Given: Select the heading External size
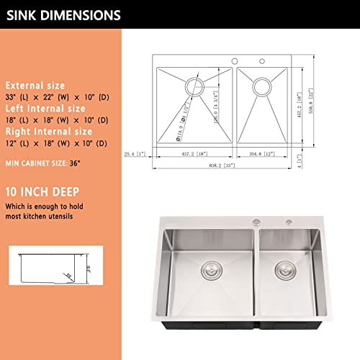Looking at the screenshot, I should pyautogui.click(x=35, y=86).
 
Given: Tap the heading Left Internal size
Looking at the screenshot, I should pyautogui.click(x=46, y=109).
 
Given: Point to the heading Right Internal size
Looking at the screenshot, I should pyautogui.click(x=48, y=132).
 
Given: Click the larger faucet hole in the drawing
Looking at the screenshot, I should pyautogui.click(x=235, y=60).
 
